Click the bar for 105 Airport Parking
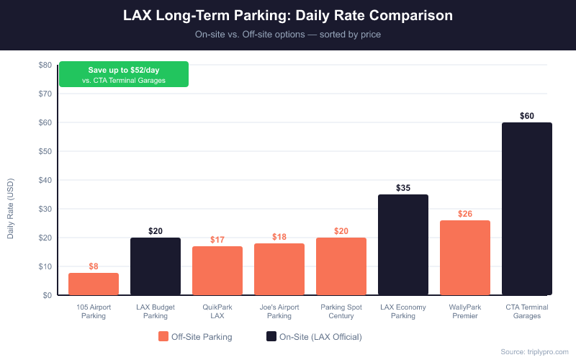point(94,284)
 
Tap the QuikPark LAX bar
point(217,271)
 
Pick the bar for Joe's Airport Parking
point(279,269)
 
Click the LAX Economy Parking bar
point(403,245)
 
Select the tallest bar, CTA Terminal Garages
point(527,209)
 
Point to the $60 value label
point(527,116)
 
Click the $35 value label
point(403,188)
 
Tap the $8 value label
point(94,266)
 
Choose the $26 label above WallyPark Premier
point(465,214)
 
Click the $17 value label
point(217,240)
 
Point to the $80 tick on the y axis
point(45,65)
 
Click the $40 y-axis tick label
point(45,180)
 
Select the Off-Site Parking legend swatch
point(163,336)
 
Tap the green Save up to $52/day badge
point(124,74)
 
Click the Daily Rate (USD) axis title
point(11,209)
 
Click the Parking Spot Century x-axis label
point(341,312)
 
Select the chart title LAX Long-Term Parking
point(288,15)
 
